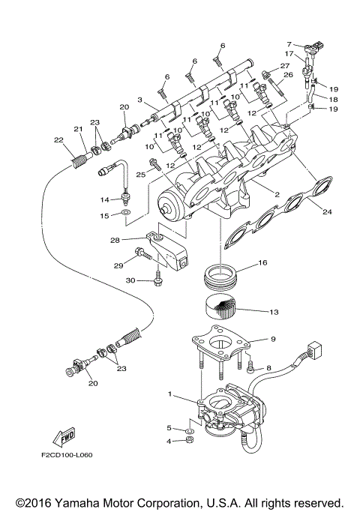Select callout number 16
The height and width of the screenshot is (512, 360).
(262, 263)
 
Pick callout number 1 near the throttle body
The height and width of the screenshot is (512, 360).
(170, 394)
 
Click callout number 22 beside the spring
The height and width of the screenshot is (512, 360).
(57, 140)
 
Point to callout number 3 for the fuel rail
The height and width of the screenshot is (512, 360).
(139, 100)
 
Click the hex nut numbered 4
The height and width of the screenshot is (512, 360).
(189, 440)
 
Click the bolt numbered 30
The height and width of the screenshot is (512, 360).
(158, 280)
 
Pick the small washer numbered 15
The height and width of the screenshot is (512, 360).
(124, 214)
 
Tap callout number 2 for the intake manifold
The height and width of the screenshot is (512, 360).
(277, 195)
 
